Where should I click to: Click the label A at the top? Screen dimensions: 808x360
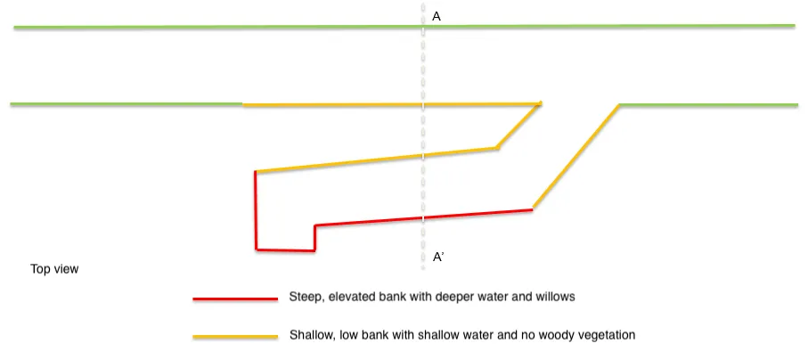pos(437,16)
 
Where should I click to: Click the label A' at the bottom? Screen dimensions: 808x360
pos(438,258)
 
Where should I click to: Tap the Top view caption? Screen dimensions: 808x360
pos(54,268)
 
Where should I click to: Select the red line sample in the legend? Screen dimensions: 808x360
pos(234,299)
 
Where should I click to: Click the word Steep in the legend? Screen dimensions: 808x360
pos(304,296)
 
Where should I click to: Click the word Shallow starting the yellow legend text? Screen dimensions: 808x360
pos(310,335)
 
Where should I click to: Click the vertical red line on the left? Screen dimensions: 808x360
pos(256,210)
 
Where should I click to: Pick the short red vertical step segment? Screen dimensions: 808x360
pos(314,237)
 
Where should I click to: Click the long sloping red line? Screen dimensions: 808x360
pos(423,217)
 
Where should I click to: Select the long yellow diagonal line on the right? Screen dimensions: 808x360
pos(576,157)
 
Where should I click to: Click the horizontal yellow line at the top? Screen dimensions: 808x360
pos(392,105)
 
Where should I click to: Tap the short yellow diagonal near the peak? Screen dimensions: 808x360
pos(518,126)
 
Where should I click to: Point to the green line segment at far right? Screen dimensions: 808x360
pos(708,105)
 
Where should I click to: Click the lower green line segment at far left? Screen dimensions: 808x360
pos(125,105)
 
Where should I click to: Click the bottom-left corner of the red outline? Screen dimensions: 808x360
pos(257,249)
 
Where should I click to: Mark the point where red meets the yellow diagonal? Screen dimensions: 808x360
pos(532,209)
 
